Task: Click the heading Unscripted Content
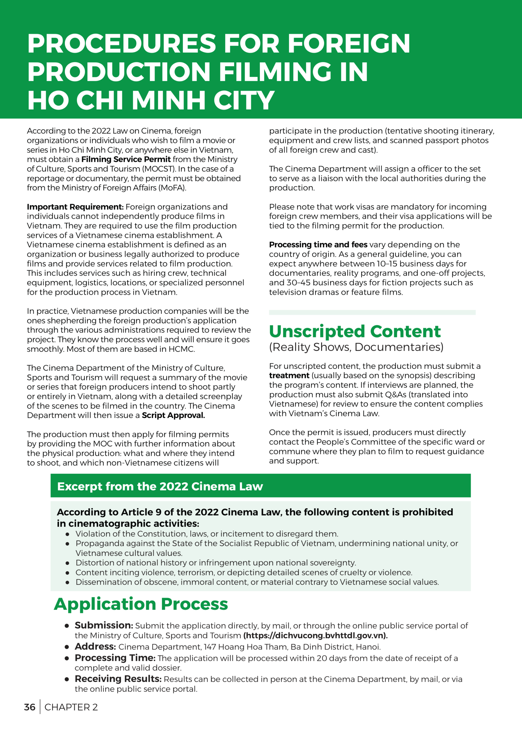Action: [x=355, y=331]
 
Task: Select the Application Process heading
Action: [x=141, y=604]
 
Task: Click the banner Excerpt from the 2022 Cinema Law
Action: [x=160, y=486]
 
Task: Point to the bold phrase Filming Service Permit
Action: [x=126, y=159]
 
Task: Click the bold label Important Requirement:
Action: [x=75, y=207]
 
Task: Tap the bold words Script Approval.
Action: [x=173, y=415]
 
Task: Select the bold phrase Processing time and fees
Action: [x=318, y=245]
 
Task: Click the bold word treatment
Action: [x=289, y=376]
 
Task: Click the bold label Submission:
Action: [x=104, y=625]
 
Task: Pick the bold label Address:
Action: [x=95, y=647]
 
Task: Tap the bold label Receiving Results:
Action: [x=118, y=679]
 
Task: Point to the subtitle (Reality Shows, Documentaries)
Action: [x=356, y=347]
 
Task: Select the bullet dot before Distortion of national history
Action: [x=68, y=563]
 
